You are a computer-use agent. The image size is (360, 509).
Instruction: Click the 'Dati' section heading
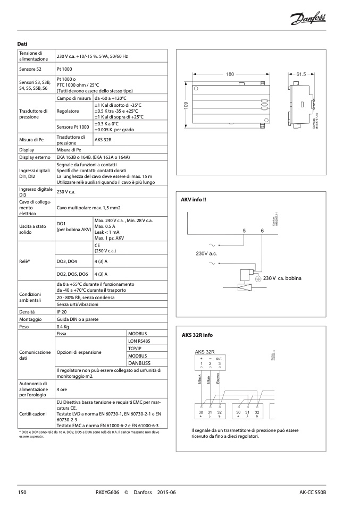coord(22,44)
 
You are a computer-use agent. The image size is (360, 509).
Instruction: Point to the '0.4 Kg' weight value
coord(63,327)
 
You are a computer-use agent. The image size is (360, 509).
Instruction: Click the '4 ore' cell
coord(63,389)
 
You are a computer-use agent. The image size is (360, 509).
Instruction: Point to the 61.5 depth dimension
coord(302,74)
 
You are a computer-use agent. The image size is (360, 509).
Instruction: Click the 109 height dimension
coord(187,106)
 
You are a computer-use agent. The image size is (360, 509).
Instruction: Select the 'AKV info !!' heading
coord(194,199)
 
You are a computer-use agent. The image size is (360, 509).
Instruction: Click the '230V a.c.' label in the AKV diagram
coord(207,254)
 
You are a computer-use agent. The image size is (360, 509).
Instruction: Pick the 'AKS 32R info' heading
coord(197,335)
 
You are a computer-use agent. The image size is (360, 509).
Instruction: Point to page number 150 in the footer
coord(22,493)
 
